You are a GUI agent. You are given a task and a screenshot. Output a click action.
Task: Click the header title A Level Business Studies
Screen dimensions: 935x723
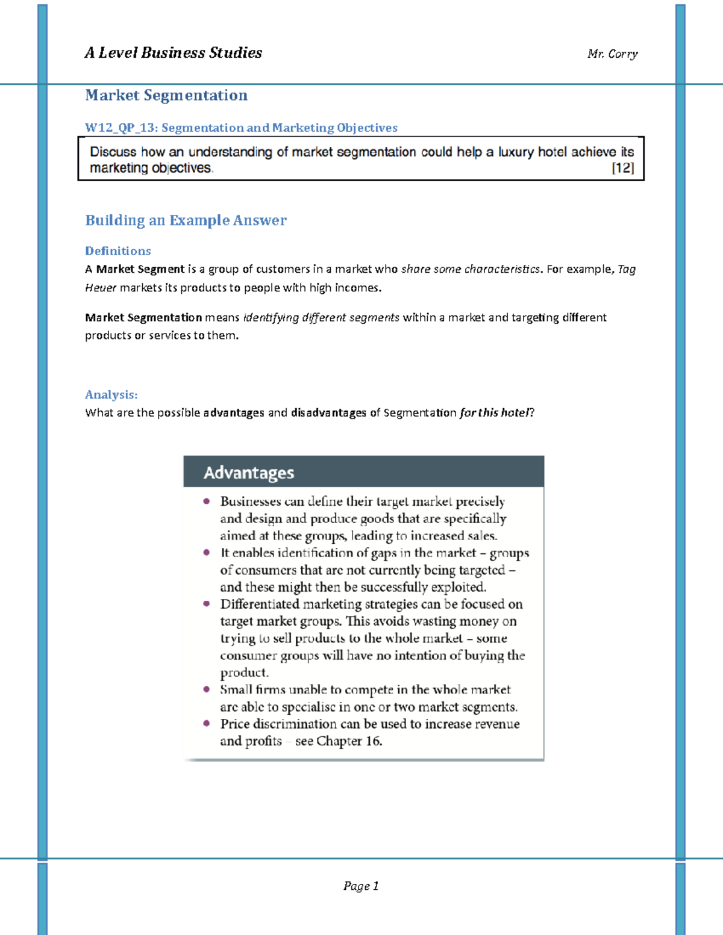[x=174, y=53]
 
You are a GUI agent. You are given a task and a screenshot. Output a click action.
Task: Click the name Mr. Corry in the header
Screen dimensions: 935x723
[x=612, y=54]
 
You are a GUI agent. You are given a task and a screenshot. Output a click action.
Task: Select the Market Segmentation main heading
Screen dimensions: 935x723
[x=166, y=95]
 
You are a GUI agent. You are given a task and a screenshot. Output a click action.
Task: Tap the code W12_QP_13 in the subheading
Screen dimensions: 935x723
[x=120, y=128]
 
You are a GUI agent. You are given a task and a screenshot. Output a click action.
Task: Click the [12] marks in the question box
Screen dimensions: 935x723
[x=623, y=168]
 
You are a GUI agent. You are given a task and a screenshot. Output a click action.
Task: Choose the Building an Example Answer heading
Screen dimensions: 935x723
[x=186, y=220]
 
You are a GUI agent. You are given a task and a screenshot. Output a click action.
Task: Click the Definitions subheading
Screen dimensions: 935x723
[x=118, y=251]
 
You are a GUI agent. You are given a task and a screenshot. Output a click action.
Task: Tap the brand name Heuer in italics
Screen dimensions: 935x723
[x=100, y=288]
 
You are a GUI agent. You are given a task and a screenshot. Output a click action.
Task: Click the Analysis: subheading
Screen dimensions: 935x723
[x=111, y=395]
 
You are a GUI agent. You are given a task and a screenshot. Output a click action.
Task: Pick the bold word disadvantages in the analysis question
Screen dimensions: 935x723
[x=328, y=413]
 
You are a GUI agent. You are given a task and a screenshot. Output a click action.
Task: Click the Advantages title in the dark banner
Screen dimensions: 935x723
[x=249, y=473]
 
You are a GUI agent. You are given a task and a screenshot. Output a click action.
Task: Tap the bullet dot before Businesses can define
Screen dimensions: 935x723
[x=207, y=501]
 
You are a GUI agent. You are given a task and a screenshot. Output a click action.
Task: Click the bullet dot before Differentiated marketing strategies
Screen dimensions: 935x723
[x=207, y=603]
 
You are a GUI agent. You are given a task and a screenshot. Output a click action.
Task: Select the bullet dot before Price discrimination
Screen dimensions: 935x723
[x=207, y=723]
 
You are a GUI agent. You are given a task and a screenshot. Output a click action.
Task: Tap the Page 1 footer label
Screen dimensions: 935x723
[x=361, y=886]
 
